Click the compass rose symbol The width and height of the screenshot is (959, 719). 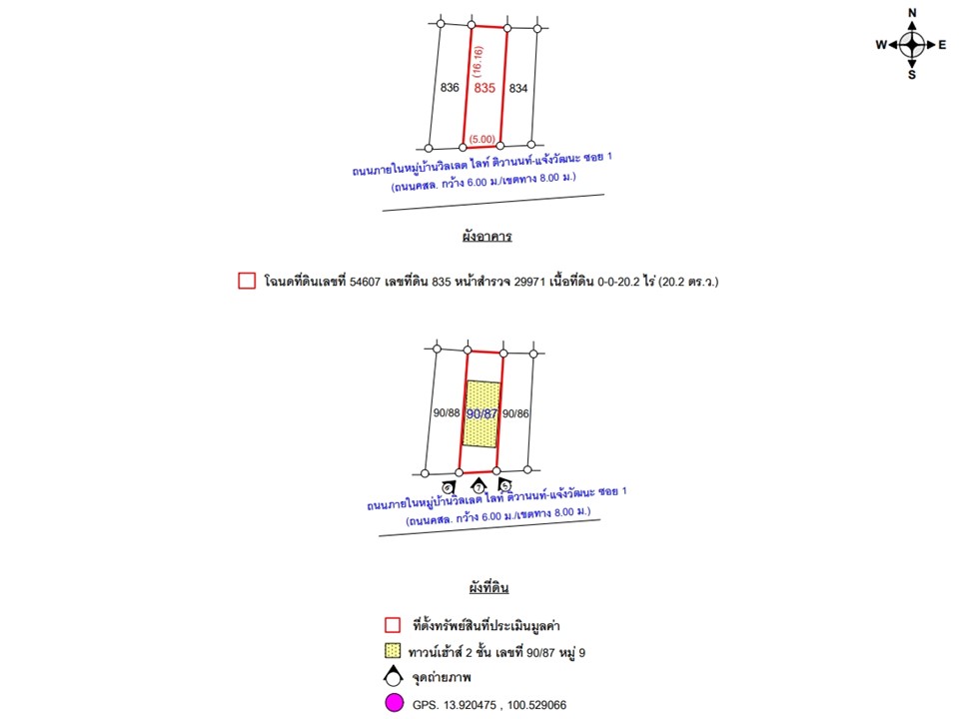tap(912, 44)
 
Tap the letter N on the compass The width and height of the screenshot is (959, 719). tap(912, 12)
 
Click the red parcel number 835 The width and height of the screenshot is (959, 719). tap(485, 89)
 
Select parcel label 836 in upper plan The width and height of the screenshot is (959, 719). tap(450, 88)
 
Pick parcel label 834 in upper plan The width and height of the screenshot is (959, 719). tap(518, 89)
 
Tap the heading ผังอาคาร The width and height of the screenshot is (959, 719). tap(486, 238)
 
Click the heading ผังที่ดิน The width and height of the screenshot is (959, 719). tap(488, 587)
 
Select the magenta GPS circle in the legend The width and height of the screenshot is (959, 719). tap(394, 704)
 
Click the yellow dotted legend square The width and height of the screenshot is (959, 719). tap(394, 652)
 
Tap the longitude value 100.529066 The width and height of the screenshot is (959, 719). tap(532, 705)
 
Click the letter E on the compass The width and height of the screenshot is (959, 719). tap(942, 45)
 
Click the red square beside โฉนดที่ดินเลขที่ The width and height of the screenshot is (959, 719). tap(247, 282)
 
